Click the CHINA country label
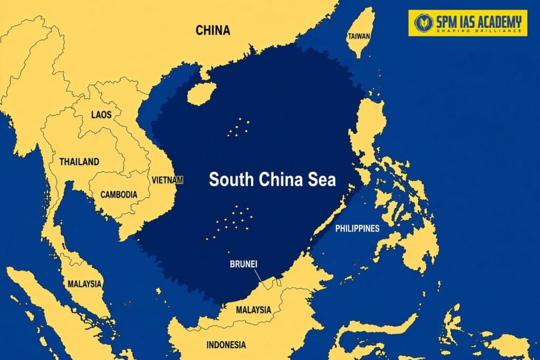coord(213,30)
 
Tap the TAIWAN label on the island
coord(359,36)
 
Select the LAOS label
coord(101,114)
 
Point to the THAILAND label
coord(79,162)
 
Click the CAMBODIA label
coord(119,194)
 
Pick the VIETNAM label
coord(167,180)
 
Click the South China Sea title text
coord(272,180)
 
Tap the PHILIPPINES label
coord(357,228)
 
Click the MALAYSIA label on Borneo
coord(254,309)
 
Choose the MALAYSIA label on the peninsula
coord(84,284)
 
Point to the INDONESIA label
coord(226,345)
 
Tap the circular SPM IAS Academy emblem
coord(424,23)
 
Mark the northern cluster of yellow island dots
coord(238,127)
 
